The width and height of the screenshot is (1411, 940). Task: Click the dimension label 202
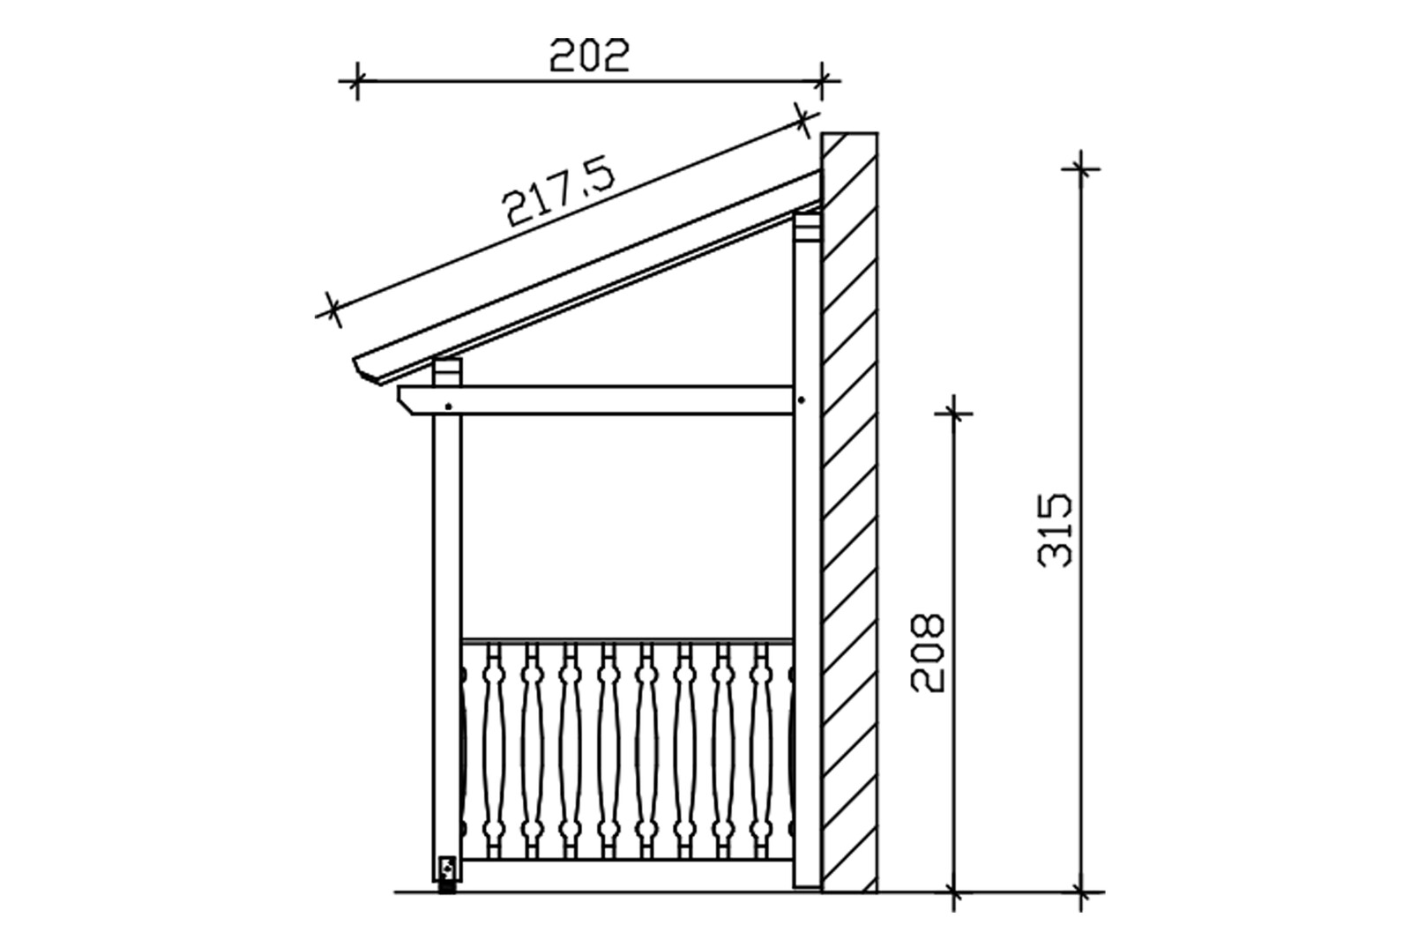(x=589, y=56)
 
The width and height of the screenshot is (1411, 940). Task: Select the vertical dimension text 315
(x=1056, y=529)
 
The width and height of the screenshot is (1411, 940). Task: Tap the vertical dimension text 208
(x=928, y=653)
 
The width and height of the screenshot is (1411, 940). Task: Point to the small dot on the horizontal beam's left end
(x=449, y=407)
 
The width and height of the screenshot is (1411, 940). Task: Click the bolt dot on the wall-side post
(x=802, y=400)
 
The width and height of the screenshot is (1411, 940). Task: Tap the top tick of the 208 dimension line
(x=953, y=411)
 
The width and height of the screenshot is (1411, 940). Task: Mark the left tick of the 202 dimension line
(x=356, y=82)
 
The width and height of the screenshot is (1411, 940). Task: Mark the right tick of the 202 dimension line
(x=822, y=82)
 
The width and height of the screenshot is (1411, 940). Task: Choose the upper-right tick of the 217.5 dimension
(x=802, y=120)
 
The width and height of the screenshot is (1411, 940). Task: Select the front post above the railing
(x=447, y=529)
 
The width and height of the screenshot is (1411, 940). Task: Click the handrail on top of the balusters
(x=626, y=639)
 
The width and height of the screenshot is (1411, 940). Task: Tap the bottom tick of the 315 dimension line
(x=1081, y=892)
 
